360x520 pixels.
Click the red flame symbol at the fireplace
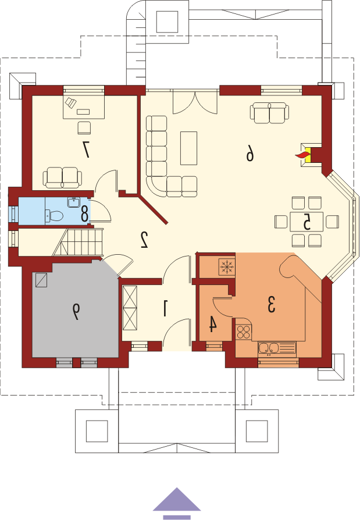tap(302, 155)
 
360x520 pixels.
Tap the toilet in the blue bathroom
tap(54, 216)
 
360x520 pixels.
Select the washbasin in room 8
tap(74, 202)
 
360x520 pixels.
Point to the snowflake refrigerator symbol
tap(227, 266)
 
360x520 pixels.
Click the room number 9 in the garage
tap(76, 312)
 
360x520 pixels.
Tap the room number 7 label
tap(86, 149)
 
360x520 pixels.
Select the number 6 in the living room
tap(249, 154)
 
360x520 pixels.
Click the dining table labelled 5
tap(306, 222)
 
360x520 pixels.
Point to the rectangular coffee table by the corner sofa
tap(188, 148)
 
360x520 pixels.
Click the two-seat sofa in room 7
tap(62, 177)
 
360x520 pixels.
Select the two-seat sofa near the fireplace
tap(269, 113)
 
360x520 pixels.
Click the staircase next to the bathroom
tap(78, 242)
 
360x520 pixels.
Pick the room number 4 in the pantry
tap(212, 324)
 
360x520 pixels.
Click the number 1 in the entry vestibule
tap(165, 308)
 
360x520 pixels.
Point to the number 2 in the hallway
tap(144, 240)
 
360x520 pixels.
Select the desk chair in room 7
tap(84, 128)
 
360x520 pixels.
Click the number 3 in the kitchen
tap(272, 304)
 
